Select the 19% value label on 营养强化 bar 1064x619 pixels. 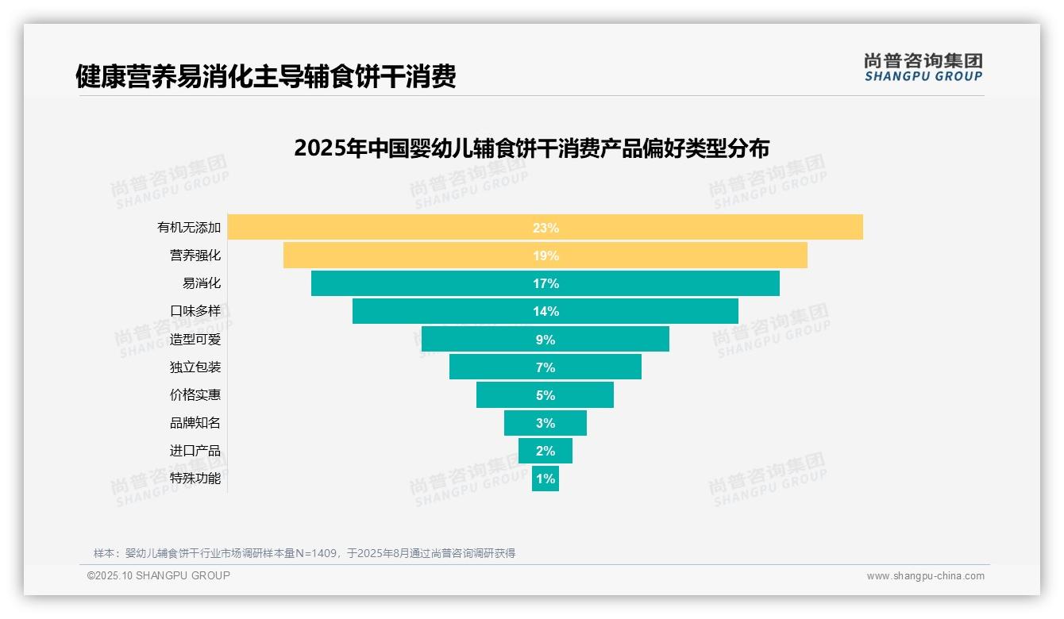tap(545, 256)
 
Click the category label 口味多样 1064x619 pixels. tap(195, 311)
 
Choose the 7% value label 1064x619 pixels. tap(545, 367)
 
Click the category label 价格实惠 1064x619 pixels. tap(195, 395)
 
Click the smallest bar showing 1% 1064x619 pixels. tap(545, 479)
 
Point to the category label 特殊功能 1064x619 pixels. tap(195, 479)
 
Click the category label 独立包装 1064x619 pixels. tap(195, 367)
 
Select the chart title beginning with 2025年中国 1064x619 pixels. tap(531, 148)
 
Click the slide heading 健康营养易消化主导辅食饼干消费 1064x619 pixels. tap(265, 77)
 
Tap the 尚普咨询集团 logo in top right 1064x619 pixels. tap(923, 67)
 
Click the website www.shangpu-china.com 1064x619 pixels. tap(925, 576)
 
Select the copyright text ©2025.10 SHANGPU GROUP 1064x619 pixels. tap(159, 575)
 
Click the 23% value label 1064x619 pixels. tap(545, 228)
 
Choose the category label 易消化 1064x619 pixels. tap(202, 283)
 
